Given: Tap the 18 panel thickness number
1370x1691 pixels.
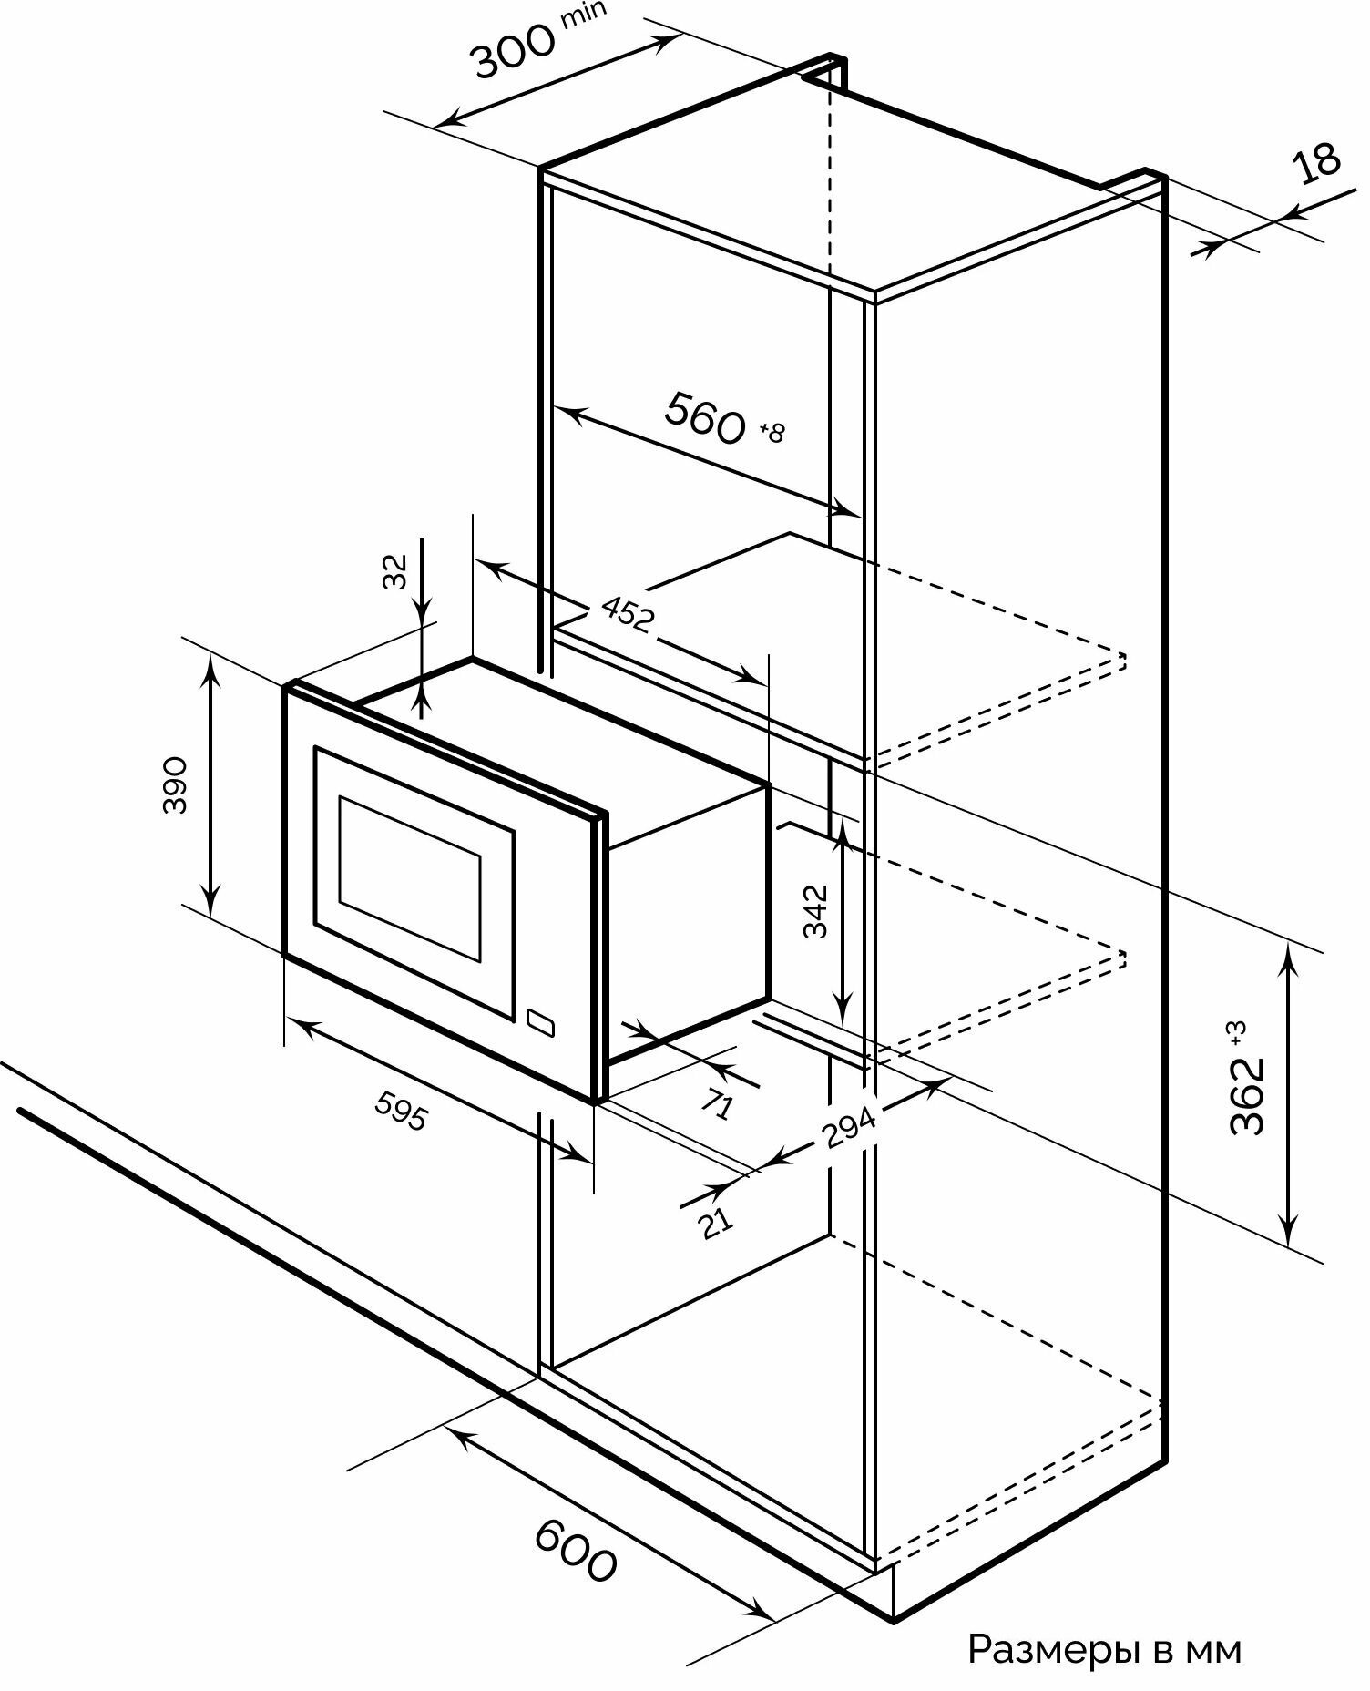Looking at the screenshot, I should tap(1317, 163).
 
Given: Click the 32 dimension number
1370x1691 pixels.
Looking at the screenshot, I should tap(395, 572).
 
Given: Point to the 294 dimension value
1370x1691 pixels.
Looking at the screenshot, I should tap(848, 1128).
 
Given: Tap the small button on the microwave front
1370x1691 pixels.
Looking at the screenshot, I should tap(539, 1022).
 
